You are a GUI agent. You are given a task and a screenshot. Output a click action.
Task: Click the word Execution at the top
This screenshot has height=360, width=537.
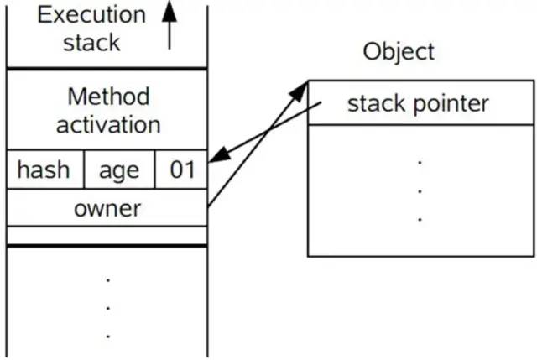coord(90,14)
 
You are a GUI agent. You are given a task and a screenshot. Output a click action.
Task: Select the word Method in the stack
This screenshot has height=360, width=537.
coord(107,97)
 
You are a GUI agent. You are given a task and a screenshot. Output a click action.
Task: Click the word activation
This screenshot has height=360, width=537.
coord(107,125)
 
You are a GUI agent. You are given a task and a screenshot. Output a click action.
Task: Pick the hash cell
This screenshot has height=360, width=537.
coord(44,170)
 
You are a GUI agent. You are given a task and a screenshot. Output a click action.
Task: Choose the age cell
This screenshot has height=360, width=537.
coord(119,170)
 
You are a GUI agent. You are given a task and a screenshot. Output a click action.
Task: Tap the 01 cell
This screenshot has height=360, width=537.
coord(181,170)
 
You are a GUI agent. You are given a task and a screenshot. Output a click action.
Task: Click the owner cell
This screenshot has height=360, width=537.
coord(107,208)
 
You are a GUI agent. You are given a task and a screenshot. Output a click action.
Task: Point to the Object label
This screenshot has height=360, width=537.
coord(399,51)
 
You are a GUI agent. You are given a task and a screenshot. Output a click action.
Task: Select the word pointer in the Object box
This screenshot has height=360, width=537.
coord(453,104)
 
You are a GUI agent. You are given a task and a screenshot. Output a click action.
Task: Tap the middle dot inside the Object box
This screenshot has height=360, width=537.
coord(420,190)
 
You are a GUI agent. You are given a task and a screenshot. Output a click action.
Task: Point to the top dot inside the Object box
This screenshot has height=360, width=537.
coord(420,162)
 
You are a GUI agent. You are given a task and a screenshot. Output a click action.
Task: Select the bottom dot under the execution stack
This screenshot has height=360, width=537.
coord(107,335)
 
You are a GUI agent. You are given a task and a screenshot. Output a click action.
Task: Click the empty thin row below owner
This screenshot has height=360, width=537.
coord(107,235)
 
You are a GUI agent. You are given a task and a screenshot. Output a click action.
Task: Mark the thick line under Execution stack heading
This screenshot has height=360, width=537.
coord(107,68)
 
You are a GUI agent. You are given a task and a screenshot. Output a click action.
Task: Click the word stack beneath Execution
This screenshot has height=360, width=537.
coord(91,42)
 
